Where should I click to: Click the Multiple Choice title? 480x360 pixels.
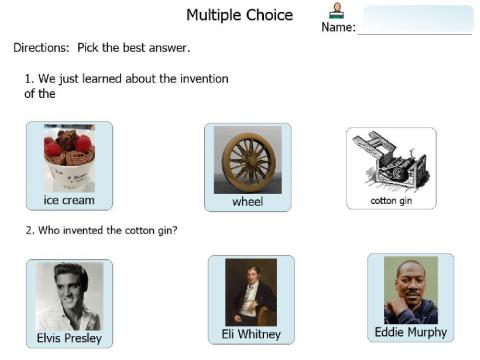pyautogui.click(x=240, y=15)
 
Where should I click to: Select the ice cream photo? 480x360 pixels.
pyautogui.click(x=69, y=158)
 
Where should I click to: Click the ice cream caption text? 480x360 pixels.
pyautogui.click(x=69, y=200)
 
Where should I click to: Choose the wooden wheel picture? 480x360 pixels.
pyautogui.click(x=247, y=159)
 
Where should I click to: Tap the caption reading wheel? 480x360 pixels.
pyautogui.click(x=247, y=202)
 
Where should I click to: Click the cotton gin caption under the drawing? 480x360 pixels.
pyautogui.click(x=391, y=200)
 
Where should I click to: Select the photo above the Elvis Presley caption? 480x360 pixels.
pyautogui.click(x=69, y=296)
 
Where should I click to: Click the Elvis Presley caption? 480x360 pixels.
pyautogui.click(x=69, y=338)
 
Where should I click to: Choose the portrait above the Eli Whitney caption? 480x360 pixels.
pyautogui.click(x=251, y=291)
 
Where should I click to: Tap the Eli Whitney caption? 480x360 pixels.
pyautogui.click(x=251, y=334)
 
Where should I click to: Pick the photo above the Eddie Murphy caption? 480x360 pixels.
pyautogui.click(x=410, y=290)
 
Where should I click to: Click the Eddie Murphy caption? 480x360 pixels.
pyautogui.click(x=410, y=332)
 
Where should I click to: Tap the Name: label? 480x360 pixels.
pyautogui.click(x=338, y=27)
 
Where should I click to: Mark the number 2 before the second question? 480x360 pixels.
pyautogui.click(x=28, y=230)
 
